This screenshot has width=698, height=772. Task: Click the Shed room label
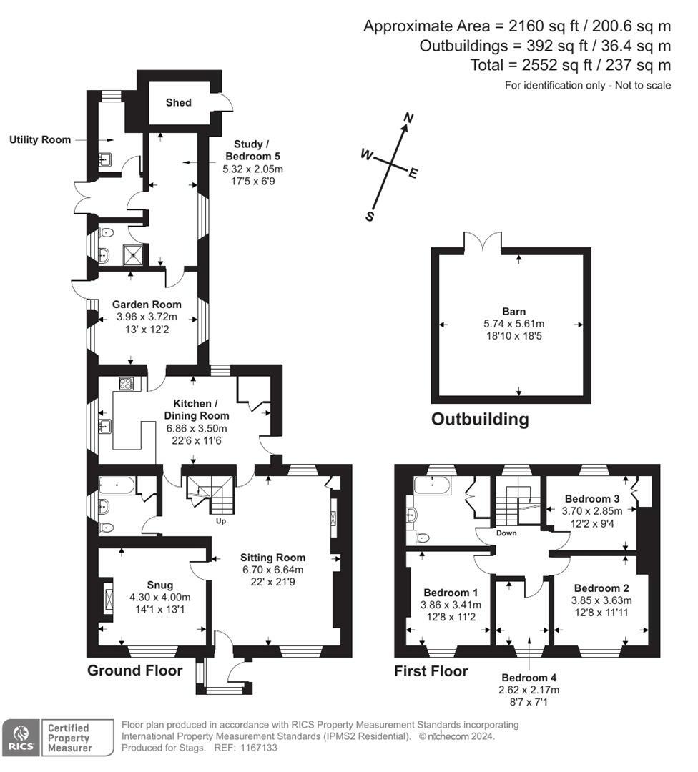(x=179, y=102)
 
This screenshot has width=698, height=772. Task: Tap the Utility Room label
(x=40, y=139)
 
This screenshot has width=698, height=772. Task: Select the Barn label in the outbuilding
(x=513, y=311)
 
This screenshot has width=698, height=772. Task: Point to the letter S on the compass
(x=370, y=217)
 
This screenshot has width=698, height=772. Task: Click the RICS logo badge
(x=20, y=738)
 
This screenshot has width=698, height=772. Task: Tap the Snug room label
(x=159, y=585)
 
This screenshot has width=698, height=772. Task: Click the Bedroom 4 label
(x=529, y=677)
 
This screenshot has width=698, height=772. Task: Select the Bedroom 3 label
(x=591, y=498)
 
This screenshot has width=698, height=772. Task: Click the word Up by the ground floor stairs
(x=221, y=521)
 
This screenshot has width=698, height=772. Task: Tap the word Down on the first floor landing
(x=506, y=533)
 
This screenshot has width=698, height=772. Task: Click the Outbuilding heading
(x=480, y=419)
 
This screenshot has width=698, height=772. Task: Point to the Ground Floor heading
(x=134, y=670)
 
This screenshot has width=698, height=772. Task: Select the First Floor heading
(x=431, y=670)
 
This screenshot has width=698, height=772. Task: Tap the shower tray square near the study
(x=132, y=252)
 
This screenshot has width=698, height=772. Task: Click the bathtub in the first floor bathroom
(x=432, y=488)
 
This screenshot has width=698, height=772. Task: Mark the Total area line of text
(x=571, y=65)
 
